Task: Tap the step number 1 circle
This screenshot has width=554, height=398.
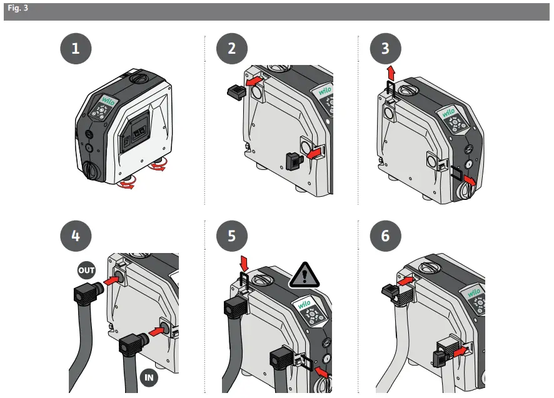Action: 76,49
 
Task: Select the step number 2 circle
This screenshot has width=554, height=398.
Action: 232,49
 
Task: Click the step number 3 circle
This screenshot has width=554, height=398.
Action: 385,49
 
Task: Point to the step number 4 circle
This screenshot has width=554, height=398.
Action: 76,236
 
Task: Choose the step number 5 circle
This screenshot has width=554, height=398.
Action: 232,236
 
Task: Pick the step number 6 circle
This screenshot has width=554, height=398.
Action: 385,236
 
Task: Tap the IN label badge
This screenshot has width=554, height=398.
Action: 148,377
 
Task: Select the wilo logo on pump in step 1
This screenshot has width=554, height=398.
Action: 103,100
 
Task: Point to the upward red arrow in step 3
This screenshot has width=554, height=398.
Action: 391,69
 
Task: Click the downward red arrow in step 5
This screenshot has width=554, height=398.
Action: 244,259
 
